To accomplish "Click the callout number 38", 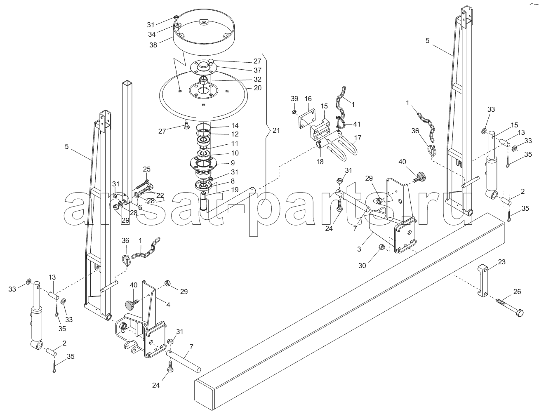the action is click(153, 45).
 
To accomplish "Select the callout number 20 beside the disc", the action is click(258, 88).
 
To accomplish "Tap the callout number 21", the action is click(276, 130).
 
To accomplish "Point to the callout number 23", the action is click(501, 262).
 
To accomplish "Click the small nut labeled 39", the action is click(294, 112).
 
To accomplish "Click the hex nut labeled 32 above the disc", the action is click(203, 81).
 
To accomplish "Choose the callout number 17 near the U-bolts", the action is click(358, 138).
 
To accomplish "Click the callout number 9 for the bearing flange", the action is click(233, 163).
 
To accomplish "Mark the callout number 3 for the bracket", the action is click(359, 249).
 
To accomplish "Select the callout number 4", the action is click(168, 305).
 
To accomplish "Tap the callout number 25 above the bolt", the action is click(146, 169).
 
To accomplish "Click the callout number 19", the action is click(234, 190).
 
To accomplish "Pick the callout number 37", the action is click(258, 70).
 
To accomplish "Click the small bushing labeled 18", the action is click(320, 144).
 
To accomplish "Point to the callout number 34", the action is click(152, 35).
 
